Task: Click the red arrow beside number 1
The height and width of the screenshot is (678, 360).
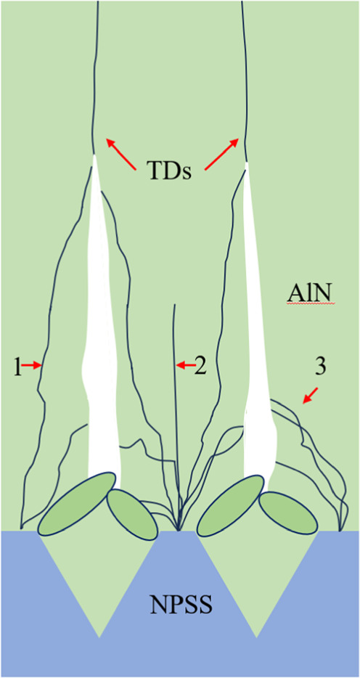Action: (x=31, y=366)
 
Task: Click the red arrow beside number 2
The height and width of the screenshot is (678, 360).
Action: (x=187, y=366)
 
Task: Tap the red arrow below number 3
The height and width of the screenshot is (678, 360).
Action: (x=311, y=396)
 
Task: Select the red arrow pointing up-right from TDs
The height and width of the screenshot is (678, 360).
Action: (x=221, y=154)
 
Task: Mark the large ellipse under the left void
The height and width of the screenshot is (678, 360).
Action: (x=78, y=502)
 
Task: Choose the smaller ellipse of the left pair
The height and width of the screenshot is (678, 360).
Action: (x=132, y=514)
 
